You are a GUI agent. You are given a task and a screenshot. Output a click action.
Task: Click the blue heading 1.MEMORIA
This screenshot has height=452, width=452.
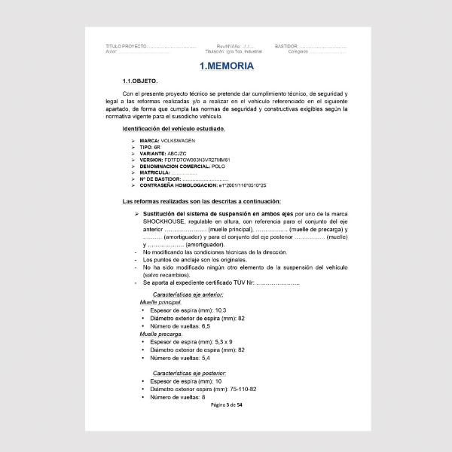click(226, 66)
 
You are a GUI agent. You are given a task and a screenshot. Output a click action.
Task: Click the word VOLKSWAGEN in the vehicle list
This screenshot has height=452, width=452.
click(179, 140)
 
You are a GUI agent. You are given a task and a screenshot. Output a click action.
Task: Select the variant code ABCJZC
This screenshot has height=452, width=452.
click(180, 153)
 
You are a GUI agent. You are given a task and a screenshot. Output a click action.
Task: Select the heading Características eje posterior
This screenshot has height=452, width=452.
click(189, 373)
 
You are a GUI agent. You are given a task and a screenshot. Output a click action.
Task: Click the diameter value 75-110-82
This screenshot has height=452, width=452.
click(240, 389)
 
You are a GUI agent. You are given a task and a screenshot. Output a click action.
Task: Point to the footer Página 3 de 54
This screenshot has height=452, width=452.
click(226, 405)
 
